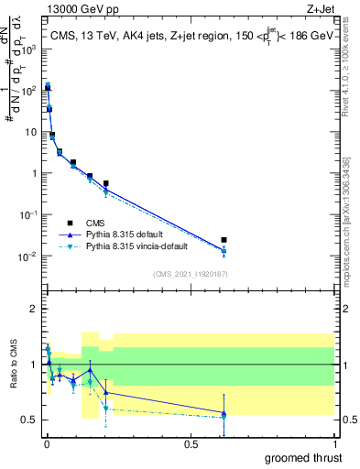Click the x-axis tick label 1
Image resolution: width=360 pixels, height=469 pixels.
pos(333,443)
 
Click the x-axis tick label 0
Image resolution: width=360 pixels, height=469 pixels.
pos(46,443)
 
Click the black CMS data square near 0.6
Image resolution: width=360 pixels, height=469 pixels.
pos(224,240)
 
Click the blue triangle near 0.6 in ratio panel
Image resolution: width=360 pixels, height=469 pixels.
pos(224,413)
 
